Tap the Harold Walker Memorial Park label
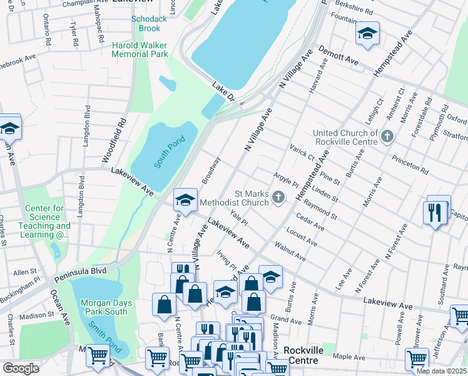pos(140,50)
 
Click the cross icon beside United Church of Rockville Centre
pos(387,137)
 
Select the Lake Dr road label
pos(222,91)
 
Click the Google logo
pos(21,368)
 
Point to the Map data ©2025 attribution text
pos(442,371)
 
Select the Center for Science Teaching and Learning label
pos(47,222)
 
